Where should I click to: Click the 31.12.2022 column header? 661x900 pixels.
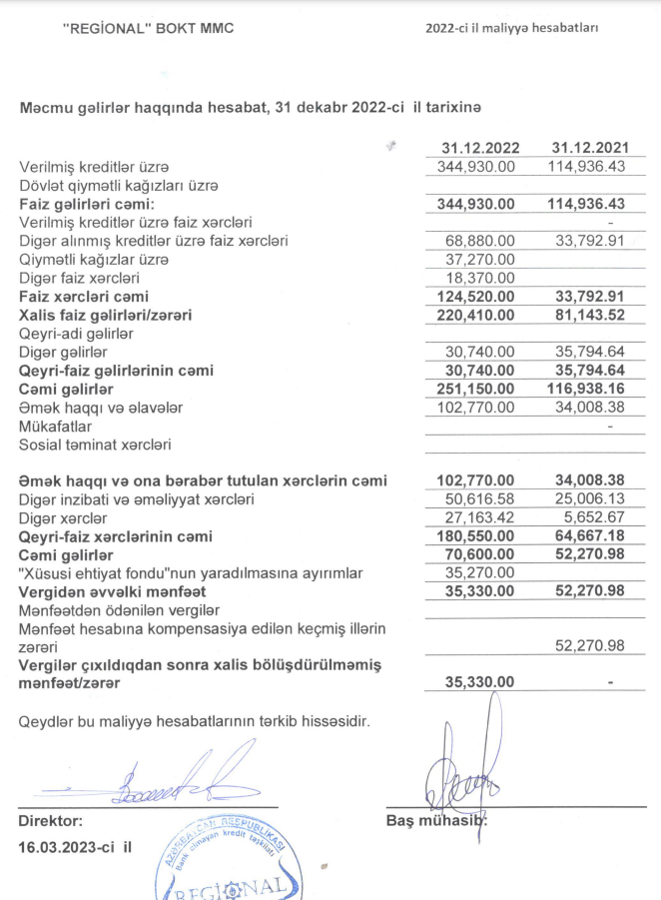[476, 148]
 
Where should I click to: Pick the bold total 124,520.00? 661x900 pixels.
[476, 297]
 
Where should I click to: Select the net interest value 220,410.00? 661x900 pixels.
[476, 315]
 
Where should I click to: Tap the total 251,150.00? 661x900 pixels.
[476, 389]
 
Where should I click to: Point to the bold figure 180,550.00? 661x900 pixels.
[476, 536]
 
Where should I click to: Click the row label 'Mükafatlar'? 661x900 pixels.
[55, 426]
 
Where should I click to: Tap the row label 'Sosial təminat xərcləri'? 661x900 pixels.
[95, 445]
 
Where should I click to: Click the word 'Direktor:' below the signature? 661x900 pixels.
[51, 821]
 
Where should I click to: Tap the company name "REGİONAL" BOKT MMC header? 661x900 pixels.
[148, 29]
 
